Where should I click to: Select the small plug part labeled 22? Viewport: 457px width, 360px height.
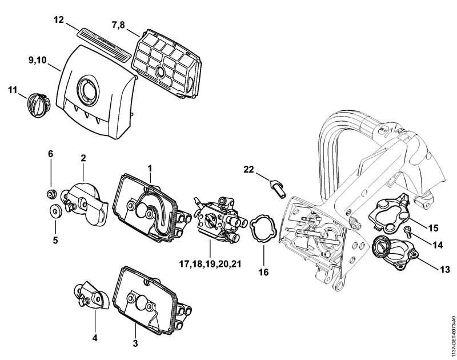click(276, 186)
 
